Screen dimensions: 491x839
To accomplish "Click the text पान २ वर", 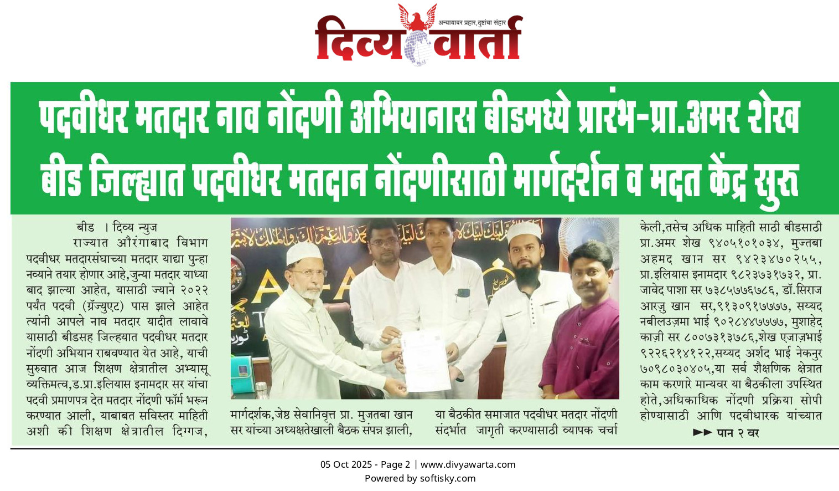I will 738,433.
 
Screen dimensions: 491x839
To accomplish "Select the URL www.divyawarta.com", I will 468,465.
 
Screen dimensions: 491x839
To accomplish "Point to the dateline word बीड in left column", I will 85,227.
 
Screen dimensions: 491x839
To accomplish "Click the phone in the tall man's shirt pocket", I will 463,293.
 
